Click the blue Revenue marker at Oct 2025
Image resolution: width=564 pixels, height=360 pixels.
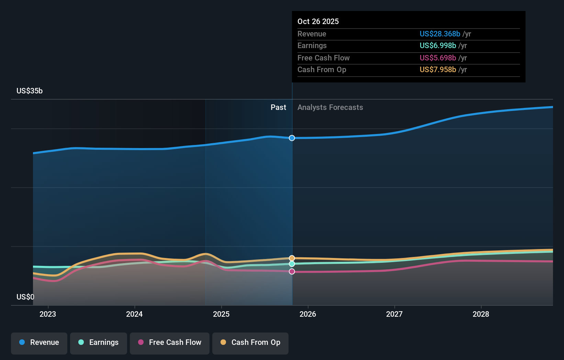292,138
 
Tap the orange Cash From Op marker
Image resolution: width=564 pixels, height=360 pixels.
292,258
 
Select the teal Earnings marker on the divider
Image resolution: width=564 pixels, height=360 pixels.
292,264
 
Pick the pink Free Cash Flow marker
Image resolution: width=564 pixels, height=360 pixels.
292,271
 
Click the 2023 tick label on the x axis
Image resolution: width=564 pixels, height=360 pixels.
48,314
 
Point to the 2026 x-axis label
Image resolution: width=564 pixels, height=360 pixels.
308,314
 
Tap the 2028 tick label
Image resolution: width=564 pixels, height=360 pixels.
481,314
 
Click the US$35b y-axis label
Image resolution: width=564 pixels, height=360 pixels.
30,91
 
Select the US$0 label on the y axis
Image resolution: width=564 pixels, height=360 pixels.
25,297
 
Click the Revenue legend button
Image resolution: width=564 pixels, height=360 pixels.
39,342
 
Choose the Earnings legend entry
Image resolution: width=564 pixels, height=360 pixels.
99,342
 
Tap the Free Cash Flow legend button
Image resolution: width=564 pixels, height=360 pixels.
170,342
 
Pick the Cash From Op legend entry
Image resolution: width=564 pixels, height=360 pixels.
250,342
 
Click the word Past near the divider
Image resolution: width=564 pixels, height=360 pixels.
278,108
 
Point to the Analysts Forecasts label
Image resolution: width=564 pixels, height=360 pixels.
330,108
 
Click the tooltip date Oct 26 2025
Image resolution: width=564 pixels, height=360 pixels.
318,22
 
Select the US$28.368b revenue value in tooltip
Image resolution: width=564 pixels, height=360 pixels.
440,34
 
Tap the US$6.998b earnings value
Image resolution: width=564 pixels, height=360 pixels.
438,46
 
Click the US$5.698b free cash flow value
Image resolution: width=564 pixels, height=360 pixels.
438,58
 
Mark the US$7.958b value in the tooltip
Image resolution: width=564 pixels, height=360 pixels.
438,70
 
